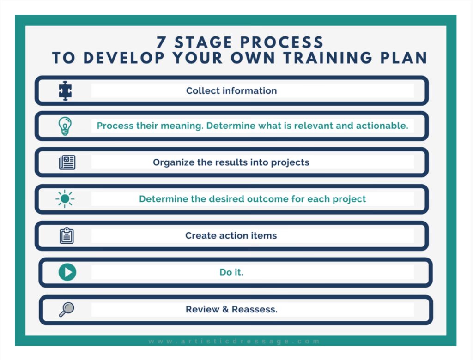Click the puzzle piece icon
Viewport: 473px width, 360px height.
pos(65,91)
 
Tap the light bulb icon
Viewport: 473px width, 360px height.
pos(65,126)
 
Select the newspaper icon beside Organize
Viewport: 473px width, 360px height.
pos(67,162)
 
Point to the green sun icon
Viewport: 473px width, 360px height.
pos(65,199)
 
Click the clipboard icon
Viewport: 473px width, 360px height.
pos(67,235)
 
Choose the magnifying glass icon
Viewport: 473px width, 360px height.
pos(67,309)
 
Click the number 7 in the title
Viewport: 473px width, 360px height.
pos(161,42)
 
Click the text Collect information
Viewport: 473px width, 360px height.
pos(231,91)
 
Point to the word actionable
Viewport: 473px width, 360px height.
pos(382,126)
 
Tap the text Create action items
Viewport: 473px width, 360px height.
pos(231,235)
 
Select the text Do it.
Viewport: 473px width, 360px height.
pos(231,272)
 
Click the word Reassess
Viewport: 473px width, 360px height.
pos(255,309)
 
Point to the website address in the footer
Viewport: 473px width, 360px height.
pos(234,341)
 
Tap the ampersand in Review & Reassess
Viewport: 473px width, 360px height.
pos(225,309)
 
